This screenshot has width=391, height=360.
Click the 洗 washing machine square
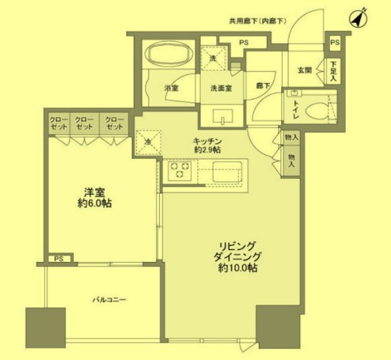[x=212, y=57]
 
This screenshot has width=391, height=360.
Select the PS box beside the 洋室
[x=57, y=259]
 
